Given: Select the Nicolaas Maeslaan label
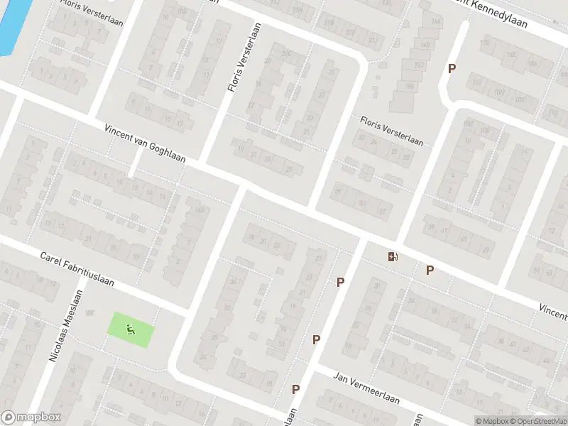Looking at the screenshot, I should coord(66,326).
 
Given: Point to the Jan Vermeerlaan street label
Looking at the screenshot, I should coord(366,390).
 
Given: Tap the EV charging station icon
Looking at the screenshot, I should coord(393,256).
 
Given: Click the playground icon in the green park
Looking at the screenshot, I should coord(129,329).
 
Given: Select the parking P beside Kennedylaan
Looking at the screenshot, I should coord(451,68).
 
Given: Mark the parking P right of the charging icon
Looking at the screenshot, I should coord(430,270).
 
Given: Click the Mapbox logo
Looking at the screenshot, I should coord(31,417).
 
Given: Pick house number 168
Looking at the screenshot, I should coord(425,44).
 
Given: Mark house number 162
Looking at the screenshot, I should coord(419,65).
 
